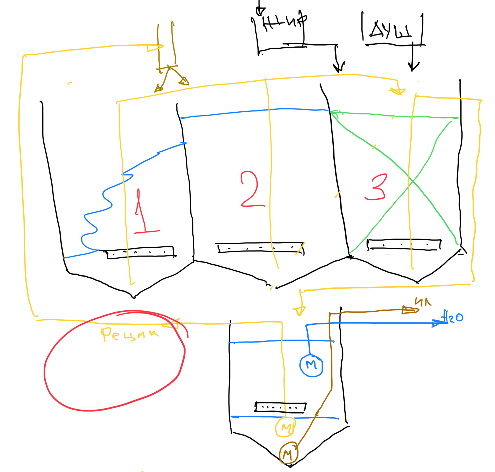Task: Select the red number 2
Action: [252, 189]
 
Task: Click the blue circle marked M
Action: [311, 366]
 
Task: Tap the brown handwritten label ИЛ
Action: [423, 302]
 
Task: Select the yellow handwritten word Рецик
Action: [129, 334]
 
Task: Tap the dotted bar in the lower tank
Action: [280, 407]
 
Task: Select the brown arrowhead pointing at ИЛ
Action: [409, 310]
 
